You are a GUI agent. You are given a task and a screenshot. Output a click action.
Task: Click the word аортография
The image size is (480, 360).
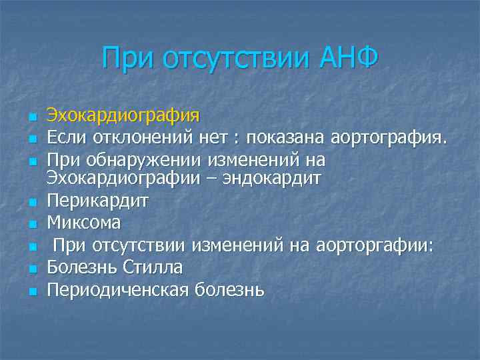click(388, 138)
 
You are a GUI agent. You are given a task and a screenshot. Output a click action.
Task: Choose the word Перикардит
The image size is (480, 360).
click(97, 201)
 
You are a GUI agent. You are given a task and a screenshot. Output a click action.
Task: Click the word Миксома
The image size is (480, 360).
click(84, 223)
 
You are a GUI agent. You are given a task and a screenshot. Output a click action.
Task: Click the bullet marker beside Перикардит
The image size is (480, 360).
click(31, 201)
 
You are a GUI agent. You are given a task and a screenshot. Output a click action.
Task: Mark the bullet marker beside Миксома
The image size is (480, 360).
click(31, 224)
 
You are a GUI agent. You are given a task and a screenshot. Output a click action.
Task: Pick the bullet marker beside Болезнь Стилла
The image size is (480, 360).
click(31, 268)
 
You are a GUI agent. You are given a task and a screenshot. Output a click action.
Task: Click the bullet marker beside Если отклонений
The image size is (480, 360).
click(31, 139)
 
